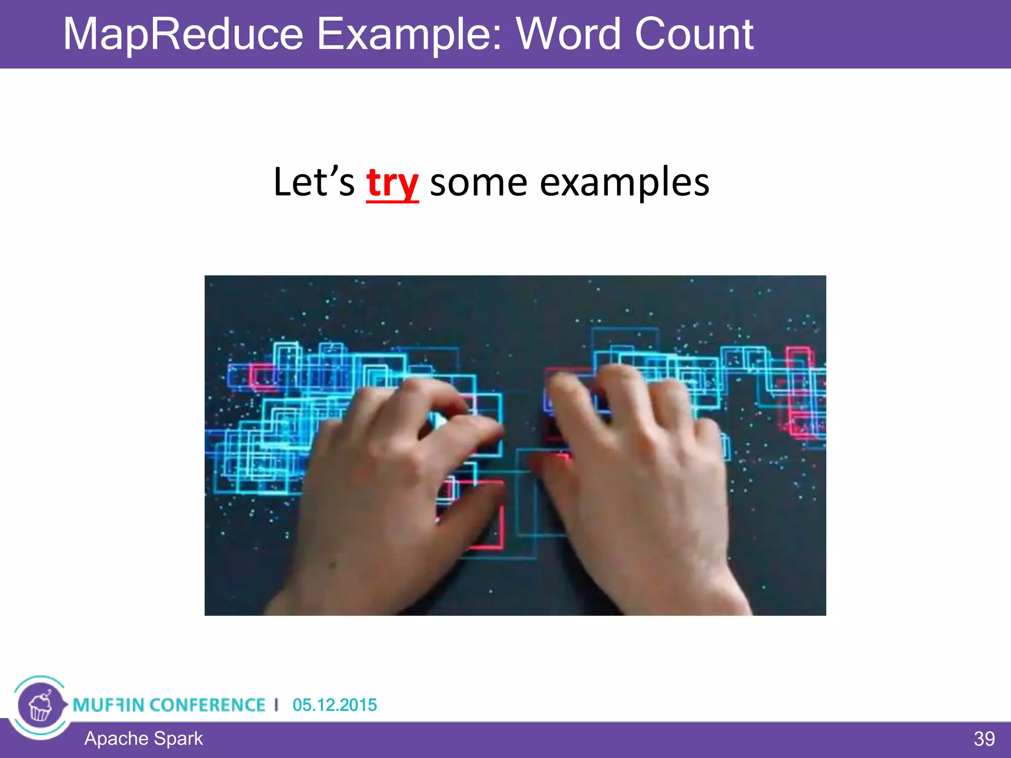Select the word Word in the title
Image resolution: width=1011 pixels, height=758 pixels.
tap(568, 35)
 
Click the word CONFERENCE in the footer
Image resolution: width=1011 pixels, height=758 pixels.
tap(207, 705)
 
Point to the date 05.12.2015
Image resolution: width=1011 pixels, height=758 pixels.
tap(335, 705)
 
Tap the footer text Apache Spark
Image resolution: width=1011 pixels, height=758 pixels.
tap(143, 739)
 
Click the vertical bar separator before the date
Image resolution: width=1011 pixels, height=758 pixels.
tap(276, 705)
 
